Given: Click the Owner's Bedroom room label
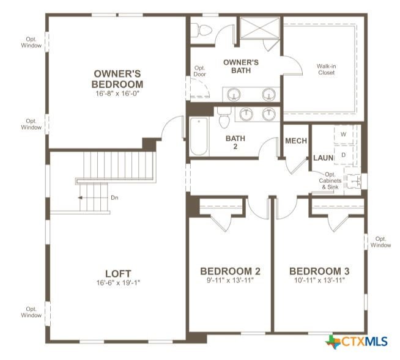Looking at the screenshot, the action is click(117, 79).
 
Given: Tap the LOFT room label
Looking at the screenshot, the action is click(118, 274).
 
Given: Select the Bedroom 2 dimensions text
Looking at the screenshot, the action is click(230, 281).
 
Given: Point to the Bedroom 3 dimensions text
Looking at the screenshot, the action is click(319, 281).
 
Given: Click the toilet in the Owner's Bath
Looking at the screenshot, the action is click(201, 30).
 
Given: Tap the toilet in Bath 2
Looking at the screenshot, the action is click(224, 117).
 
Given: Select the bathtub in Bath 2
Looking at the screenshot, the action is click(199, 136).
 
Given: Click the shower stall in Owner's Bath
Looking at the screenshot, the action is click(260, 28).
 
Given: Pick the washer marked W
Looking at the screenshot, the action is click(344, 134).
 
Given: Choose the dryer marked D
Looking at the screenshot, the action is click(344, 155).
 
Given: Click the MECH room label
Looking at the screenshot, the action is click(296, 141).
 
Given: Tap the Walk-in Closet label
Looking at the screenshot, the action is click(326, 69).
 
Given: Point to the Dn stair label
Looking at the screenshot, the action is click(114, 197).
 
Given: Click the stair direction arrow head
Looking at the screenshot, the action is click(80, 197).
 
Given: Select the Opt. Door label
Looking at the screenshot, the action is click(200, 71).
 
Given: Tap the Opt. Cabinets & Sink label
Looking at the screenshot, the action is click(330, 181).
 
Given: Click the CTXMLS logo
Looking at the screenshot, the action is click(357, 342).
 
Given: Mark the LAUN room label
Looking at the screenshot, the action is click(323, 158).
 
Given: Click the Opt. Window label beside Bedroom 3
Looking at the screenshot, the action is click(380, 242).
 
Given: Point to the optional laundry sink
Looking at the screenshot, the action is click(354, 180).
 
